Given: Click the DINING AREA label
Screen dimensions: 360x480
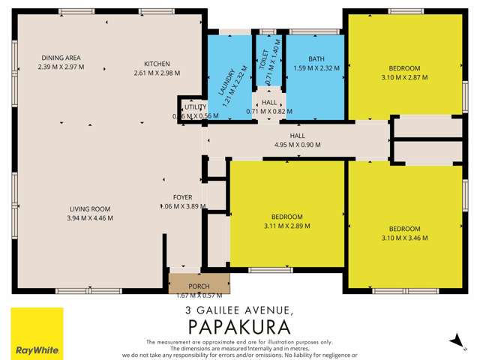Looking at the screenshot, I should tap(61, 57).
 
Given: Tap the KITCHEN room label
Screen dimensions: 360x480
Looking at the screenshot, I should tap(158, 64).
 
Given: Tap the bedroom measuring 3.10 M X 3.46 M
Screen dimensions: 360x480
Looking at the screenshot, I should tap(403, 232).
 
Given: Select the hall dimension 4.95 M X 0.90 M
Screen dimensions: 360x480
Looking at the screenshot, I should tap(298, 144).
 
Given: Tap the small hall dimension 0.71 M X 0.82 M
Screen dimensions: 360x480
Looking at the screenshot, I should tap(267, 112).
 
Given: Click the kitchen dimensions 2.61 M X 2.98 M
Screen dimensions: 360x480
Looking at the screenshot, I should tap(158, 73).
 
